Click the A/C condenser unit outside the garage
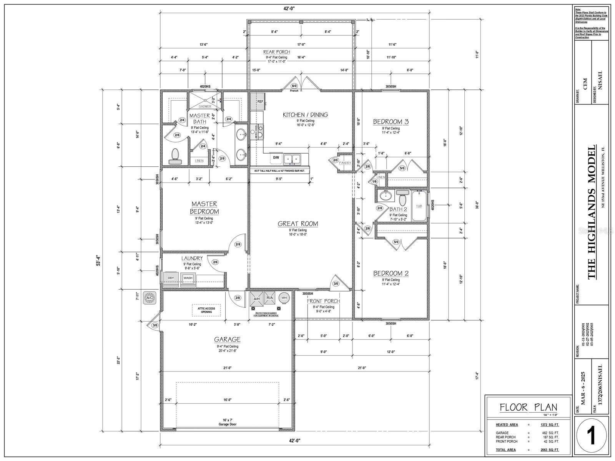pos(150,298)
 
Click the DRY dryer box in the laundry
pos(171,278)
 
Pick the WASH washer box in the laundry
pos(188,278)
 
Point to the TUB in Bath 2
pos(419,206)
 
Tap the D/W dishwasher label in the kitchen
pos(276,158)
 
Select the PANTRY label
pos(345,163)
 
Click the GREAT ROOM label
pos(298,224)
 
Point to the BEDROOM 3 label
pos(391,122)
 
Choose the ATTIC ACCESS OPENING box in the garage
pos(206,310)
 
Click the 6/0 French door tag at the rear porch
pos(294,86)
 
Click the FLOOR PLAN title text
pos(528,408)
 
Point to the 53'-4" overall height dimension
pos(98,261)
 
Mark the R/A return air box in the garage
pos(269,298)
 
